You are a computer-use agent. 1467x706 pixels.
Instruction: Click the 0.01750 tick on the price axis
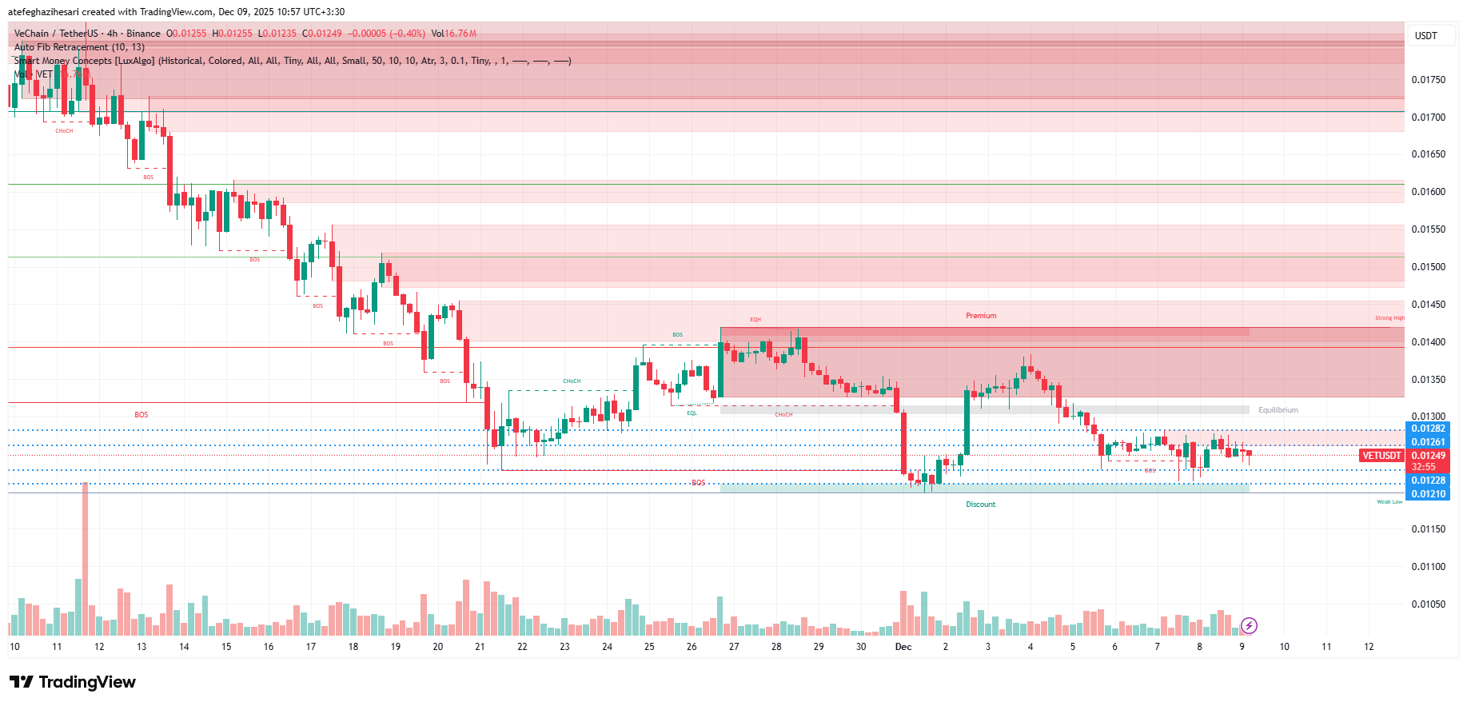coord(1428,80)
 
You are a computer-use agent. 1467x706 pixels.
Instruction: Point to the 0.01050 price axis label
coord(1428,604)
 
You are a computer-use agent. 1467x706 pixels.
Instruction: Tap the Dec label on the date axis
coord(903,647)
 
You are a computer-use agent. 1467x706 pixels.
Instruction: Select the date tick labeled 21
coord(480,647)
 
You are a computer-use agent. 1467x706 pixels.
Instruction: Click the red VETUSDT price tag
coord(1381,456)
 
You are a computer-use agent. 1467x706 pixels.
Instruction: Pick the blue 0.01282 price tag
coord(1428,429)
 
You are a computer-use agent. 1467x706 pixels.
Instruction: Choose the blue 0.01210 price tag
coord(1428,494)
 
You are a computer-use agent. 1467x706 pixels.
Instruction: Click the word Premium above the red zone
coord(981,316)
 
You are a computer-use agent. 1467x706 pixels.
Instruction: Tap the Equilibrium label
coord(1278,410)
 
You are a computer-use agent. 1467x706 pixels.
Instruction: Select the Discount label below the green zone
coord(980,505)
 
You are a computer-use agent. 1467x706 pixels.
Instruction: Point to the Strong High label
coord(1389,318)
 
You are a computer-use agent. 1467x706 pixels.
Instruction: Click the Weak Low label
coord(1389,502)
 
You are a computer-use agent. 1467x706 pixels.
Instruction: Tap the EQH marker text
coord(755,320)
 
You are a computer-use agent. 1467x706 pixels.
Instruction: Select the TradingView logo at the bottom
coord(73,682)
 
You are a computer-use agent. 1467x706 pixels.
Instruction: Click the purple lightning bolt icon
coord(1249,625)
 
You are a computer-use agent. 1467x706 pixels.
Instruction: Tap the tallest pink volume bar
coord(86,560)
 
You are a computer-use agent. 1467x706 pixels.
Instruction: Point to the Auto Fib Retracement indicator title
coord(79,47)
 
